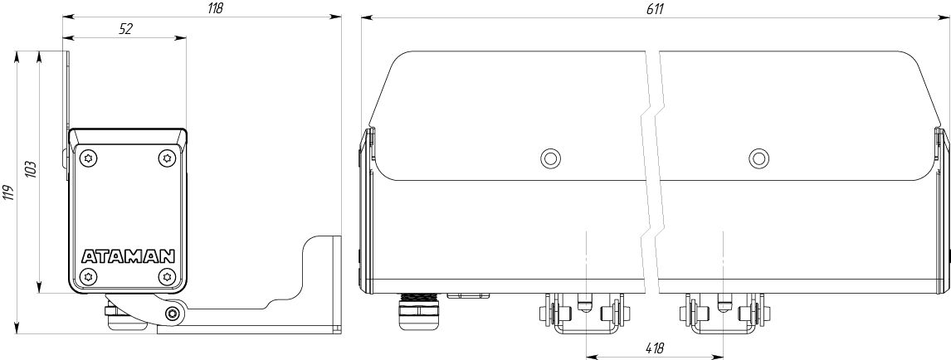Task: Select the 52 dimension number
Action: (x=125, y=29)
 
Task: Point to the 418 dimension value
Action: (x=655, y=348)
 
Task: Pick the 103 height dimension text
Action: (x=32, y=169)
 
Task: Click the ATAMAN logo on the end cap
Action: (x=128, y=256)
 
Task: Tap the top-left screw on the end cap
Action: (x=89, y=158)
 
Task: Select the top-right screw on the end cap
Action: (x=166, y=158)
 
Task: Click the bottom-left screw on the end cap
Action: (x=89, y=276)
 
